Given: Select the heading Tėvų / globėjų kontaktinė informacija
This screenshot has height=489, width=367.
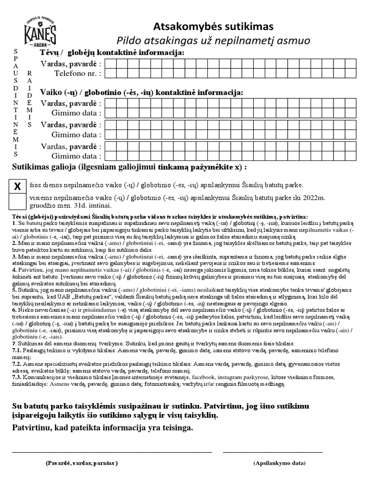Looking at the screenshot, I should click(x=112, y=52).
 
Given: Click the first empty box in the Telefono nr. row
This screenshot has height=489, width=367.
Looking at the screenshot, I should click(x=109, y=74).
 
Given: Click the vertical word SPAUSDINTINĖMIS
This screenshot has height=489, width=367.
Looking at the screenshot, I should click(x=16, y=103).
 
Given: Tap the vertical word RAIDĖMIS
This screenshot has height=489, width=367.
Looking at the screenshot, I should click(x=30, y=98).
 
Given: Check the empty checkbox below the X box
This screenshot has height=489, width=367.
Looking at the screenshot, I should click(x=17, y=201).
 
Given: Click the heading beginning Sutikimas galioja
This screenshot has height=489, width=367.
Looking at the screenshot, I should click(x=129, y=168).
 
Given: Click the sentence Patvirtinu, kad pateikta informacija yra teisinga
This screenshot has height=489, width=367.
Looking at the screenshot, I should click(x=103, y=428).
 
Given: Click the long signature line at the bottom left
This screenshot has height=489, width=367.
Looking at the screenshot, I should click(x=111, y=451).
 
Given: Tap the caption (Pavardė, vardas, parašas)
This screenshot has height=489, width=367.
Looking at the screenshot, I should click(x=82, y=463).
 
